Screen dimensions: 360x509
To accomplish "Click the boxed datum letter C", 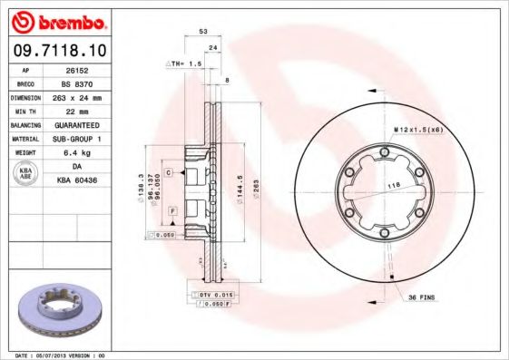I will [x=169, y=170].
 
